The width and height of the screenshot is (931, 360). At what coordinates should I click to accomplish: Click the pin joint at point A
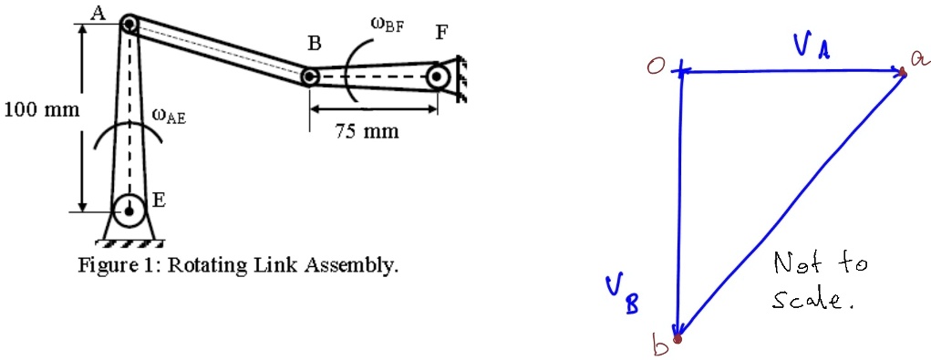click(129, 23)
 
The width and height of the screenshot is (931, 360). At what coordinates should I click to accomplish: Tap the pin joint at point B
click(310, 77)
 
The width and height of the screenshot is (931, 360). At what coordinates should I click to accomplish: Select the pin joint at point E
click(129, 212)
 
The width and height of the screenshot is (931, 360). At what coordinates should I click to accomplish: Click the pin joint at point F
click(440, 77)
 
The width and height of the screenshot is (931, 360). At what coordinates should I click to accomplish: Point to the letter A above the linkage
click(98, 11)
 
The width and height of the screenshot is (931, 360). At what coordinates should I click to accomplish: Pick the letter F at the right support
click(441, 33)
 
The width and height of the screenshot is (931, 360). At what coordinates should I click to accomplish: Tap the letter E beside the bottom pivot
click(158, 201)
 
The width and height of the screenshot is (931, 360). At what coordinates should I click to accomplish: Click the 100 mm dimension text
click(42, 111)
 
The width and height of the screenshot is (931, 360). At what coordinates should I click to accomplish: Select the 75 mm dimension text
click(367, 132)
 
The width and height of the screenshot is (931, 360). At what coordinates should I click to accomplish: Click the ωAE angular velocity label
click(169, 116)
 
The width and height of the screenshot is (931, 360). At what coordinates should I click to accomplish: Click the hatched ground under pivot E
click(129, 243)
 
